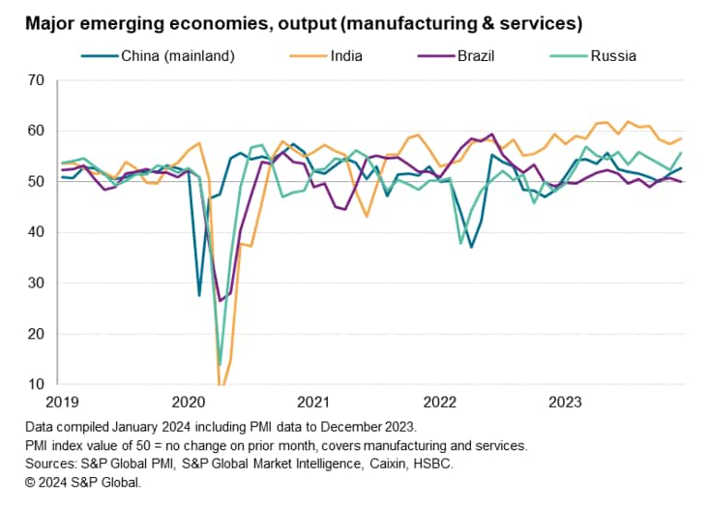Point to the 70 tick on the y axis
tap(38, 80)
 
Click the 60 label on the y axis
tap(38, 131)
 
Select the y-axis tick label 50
tap(38, 181)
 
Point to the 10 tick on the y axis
tap(38, 384)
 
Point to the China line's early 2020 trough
tap(199, 295)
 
